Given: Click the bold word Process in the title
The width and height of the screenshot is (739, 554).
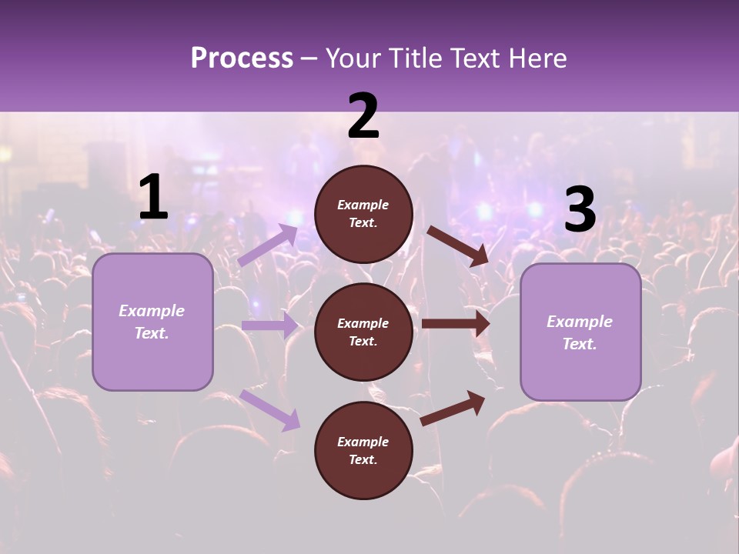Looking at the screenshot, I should pos(242,58).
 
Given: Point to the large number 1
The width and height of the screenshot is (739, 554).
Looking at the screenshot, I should pos(153,198).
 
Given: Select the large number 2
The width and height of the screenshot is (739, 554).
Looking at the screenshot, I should pos(363,117).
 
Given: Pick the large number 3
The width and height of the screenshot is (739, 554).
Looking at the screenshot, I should pos(580,210).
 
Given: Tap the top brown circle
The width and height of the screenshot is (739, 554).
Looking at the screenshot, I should pos(363,214).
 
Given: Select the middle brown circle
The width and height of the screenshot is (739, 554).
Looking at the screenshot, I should pos(363,332).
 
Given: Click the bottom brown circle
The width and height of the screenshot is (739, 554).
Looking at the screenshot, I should pos(363,450).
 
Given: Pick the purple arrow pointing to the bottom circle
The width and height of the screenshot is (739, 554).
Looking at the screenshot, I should pos(270,409).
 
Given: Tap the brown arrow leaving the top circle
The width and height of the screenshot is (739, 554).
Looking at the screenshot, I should pos(457,245).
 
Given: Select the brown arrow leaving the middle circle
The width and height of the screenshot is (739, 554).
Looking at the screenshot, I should pos(455,324).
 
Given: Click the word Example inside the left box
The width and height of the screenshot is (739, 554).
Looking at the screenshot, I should pos(152,311).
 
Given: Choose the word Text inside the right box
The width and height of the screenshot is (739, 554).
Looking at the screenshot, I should pos(579,344).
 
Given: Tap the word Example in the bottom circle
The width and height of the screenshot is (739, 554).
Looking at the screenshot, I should pos(363,442).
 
